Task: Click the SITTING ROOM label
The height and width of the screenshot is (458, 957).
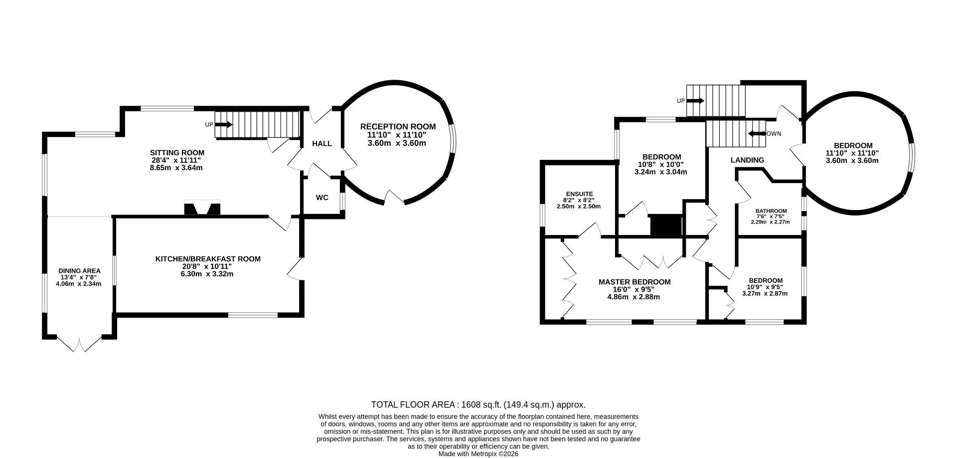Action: (177, 153)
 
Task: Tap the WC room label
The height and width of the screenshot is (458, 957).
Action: (322, 198)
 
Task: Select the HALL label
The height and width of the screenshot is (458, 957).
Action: (322, 144)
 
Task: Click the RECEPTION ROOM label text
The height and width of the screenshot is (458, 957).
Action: (398, 127)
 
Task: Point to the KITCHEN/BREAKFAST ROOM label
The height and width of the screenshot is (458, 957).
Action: (208, 259)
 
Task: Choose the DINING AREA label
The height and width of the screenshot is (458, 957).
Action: (79, 271)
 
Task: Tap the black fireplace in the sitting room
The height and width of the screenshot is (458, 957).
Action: (202, 208)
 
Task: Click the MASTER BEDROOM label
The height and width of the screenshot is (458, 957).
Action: (635, 282)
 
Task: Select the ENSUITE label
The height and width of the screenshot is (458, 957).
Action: (579, 194)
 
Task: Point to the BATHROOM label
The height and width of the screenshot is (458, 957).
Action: (771, 211)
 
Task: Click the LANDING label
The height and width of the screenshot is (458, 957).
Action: (747, 160)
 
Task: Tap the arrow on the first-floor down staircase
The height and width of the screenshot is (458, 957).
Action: (757, 133)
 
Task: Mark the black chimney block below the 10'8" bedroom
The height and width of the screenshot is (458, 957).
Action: (666, 225)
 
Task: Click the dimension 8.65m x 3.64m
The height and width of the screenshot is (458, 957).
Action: (177, 168)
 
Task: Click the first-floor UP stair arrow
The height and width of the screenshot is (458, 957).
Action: (695, 101)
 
